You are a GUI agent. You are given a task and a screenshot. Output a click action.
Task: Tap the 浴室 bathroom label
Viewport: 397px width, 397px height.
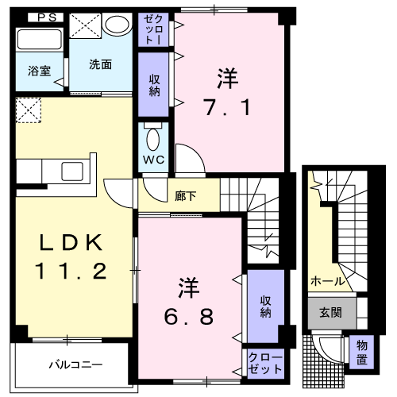40,70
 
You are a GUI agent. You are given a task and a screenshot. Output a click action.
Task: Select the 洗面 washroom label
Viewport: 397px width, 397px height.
98,64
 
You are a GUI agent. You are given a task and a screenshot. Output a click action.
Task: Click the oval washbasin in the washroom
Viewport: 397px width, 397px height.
117,25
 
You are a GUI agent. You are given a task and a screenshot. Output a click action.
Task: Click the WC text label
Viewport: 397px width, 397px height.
153,160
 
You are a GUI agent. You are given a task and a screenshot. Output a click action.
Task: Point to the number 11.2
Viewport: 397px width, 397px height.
70,272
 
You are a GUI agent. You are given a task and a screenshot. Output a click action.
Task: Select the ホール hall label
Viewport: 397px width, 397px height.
326,281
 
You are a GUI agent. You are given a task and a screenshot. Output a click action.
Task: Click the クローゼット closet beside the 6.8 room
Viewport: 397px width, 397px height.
265,364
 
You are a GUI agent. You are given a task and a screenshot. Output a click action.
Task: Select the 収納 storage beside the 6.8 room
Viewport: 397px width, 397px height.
265,306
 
